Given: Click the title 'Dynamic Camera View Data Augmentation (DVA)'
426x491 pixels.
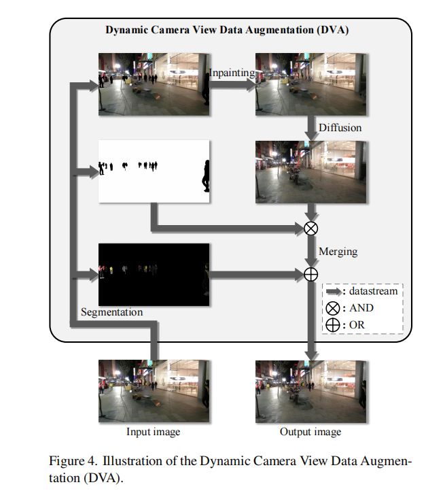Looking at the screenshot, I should coord(228,31).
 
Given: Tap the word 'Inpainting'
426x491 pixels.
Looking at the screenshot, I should coord(232,73).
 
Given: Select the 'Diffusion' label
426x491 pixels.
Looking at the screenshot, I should coord(340,127).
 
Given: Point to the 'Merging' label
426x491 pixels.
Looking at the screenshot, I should coord(338,252).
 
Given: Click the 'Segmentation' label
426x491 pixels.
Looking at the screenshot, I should coord(112,312).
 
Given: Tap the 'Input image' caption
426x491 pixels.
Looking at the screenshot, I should coord(154,432).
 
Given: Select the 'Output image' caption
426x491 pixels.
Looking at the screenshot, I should coord(310,432).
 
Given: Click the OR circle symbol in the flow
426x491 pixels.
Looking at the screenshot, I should coord(310,274).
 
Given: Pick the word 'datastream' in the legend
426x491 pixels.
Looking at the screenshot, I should coord(373,291).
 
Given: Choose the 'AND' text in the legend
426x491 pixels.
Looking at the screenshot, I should coord(361,308).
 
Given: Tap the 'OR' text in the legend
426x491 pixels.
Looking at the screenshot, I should coord(356,325).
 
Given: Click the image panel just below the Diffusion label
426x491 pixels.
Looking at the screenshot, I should coord(310,171).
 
